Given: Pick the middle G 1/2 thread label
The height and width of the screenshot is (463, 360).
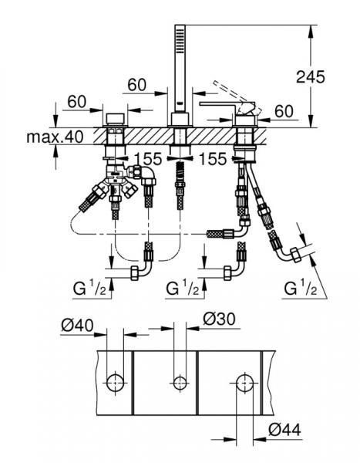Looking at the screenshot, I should (x=185, y=289).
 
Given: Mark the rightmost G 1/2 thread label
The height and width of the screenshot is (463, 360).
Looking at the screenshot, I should (x=303, y=289).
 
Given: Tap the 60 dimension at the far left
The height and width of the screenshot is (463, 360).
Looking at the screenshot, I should (x=76, y=100).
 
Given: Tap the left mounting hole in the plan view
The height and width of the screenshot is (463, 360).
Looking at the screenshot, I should (x=115, y=380).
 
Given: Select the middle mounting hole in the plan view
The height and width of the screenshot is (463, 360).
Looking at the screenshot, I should (x=180, y=380).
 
